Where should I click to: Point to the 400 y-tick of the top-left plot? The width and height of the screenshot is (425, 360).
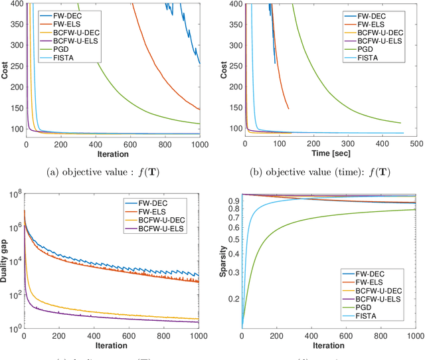[x=16, y=4]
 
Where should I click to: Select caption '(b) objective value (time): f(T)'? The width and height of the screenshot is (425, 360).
[x=329, y=174]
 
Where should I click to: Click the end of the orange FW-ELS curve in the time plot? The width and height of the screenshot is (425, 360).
[x=288, y=109]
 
